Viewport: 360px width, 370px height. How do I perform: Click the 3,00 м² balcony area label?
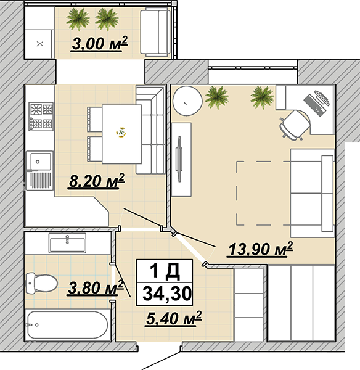coord(99,43)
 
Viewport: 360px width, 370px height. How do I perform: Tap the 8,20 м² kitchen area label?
coord(96,181)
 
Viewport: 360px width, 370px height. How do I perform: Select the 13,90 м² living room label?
coord(260,249)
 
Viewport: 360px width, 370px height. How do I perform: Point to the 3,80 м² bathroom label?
coord(96,287)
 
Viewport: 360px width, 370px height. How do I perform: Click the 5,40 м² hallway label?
coord(174,319)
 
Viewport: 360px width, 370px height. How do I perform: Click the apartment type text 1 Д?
coord(165,271)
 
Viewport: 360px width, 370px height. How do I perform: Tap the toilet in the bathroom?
coord(41,284)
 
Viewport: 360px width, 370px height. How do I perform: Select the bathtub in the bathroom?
coord(67,325)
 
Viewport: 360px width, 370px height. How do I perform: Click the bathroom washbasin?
coord(67,243)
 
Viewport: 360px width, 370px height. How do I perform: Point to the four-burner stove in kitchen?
coord(41,117)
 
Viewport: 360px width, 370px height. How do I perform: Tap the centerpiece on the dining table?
coord(121,133)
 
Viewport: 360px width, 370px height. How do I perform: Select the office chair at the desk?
coord(294,125)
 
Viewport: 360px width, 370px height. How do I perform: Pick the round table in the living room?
coord(187,101)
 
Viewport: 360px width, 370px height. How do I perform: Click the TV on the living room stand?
coord(179,159)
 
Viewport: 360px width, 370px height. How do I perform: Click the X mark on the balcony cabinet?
coord(40,44)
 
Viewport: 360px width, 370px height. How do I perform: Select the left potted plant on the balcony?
coord(78,20)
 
